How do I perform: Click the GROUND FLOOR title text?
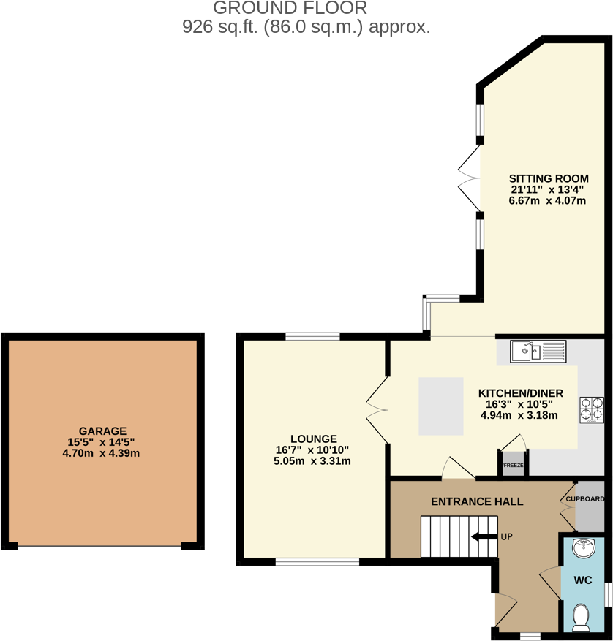click(290, 9)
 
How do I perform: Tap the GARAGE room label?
click(102, 431)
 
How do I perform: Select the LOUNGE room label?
click(312, 439)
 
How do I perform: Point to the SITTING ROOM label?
click(549, 178)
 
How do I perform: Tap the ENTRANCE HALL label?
click(477, 501)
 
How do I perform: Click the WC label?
click(582, 580)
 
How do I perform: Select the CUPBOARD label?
click(585, 499)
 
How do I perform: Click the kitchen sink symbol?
click(538, 352)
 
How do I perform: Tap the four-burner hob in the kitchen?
click(592, 409)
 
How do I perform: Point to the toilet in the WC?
click(582, 617)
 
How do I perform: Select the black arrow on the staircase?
click(484, 536)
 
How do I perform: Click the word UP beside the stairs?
click(506, 536)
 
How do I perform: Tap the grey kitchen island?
click(441, 406)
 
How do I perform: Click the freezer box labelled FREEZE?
click(514, 465)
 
